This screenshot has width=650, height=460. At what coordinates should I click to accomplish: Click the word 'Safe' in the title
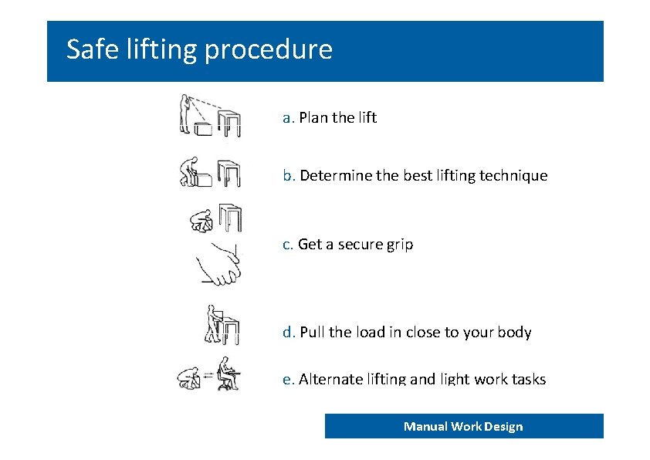point(93,49)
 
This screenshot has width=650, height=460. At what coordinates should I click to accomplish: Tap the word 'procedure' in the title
point(269,51)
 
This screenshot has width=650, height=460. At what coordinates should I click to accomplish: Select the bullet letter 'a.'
point(289,117)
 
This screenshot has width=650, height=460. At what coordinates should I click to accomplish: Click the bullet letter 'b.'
point(289,175)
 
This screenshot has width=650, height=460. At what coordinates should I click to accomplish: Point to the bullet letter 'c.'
point(288,245)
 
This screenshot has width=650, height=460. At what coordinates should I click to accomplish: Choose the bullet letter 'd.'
point(289,332)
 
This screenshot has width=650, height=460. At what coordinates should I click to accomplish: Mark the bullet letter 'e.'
point(289,379)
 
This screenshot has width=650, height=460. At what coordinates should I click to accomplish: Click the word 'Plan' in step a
point(313,117)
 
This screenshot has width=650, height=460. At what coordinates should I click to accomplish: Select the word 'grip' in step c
point(400,245)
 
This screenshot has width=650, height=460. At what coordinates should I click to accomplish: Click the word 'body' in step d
point(514,333)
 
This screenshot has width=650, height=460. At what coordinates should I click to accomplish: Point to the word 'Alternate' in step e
point(331,379)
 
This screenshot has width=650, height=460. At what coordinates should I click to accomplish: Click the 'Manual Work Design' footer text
point(463,427)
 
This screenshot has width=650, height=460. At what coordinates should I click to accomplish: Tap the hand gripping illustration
point(220,266)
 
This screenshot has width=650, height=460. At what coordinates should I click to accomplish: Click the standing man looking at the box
point(185,114)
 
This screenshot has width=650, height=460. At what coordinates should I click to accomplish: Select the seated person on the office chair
point(226,373)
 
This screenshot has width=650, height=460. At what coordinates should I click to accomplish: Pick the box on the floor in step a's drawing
point(203,129)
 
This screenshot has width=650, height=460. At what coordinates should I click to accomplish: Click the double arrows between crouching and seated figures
point(208,375)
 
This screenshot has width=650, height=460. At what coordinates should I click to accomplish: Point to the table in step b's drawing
point(229,174)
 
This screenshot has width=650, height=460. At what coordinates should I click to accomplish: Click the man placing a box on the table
point(215,324)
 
